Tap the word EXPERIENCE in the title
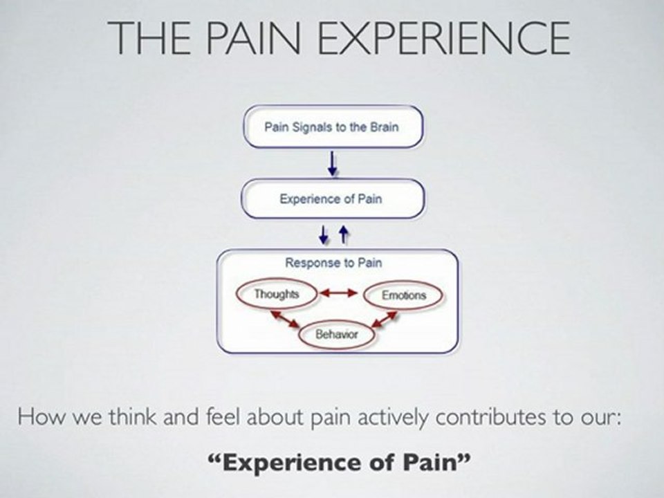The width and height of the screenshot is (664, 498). [x=444, y=37]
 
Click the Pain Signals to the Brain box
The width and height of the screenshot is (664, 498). [x=333, y=127]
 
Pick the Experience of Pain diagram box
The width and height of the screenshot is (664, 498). [x=333, y=199]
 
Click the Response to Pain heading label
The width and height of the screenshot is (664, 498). [x=333, y=263]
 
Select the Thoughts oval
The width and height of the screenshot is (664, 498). [x=277, y=294]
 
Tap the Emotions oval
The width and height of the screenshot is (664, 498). [x=403, y=295]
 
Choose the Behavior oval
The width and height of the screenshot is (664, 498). [x=337, y=334]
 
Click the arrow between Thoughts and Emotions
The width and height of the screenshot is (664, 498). [x=339, y=293]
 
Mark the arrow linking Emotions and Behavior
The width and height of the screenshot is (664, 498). [x=384, y=320]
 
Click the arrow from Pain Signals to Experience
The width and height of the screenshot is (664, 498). [x=333, y=163]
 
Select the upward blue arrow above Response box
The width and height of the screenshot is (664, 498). [x=344, y=234]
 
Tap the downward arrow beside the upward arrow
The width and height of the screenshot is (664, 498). [x=324, y=234]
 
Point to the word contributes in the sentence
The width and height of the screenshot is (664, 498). [x=490, y=418]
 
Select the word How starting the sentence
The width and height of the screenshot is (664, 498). [x=41, y=417]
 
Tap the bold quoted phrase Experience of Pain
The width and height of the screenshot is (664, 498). [x=340, y=462]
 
